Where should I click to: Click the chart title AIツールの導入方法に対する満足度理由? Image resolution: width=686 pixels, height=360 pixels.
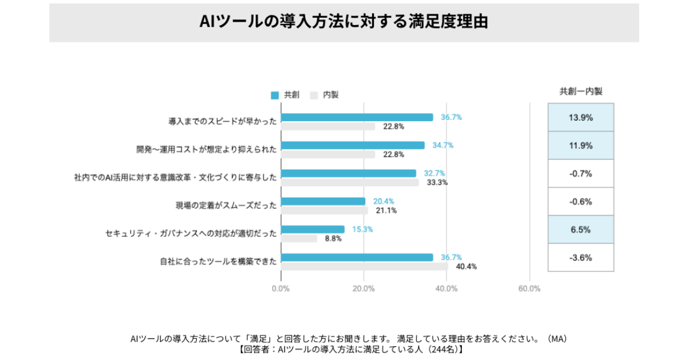point(344,22)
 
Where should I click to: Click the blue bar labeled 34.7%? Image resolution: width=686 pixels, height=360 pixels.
point(353,145)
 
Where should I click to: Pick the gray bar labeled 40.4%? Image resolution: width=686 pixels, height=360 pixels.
point(364,266)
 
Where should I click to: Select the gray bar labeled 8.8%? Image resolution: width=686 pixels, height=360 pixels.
point(299,238)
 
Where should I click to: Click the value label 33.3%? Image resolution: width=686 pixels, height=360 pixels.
point(437,183)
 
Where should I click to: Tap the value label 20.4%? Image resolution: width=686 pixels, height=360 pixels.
point(384,201)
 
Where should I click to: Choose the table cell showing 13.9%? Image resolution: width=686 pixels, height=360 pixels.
point(580,117)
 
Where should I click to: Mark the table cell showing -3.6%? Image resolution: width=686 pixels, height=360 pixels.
point(580,257)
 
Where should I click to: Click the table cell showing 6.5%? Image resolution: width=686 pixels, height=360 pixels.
point(580,229)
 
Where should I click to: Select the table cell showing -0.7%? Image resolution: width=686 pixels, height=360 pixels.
point(580,173)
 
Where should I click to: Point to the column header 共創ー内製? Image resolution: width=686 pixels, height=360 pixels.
point(580,91)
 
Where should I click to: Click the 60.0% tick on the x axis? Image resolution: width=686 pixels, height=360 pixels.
point(529,289)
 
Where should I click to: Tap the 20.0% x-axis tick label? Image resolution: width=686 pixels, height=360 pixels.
point(364,289)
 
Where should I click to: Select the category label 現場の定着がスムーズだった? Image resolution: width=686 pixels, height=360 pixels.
point(226,205)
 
